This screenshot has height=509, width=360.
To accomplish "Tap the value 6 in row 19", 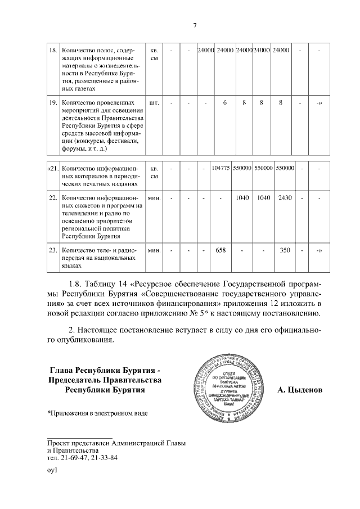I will tap(224, 103).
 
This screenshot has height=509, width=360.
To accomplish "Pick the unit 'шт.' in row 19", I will tap(154, 103).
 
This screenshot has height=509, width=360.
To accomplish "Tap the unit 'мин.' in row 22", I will tap(154, 198).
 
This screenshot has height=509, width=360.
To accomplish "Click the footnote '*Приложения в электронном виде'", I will tap(97, 413).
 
